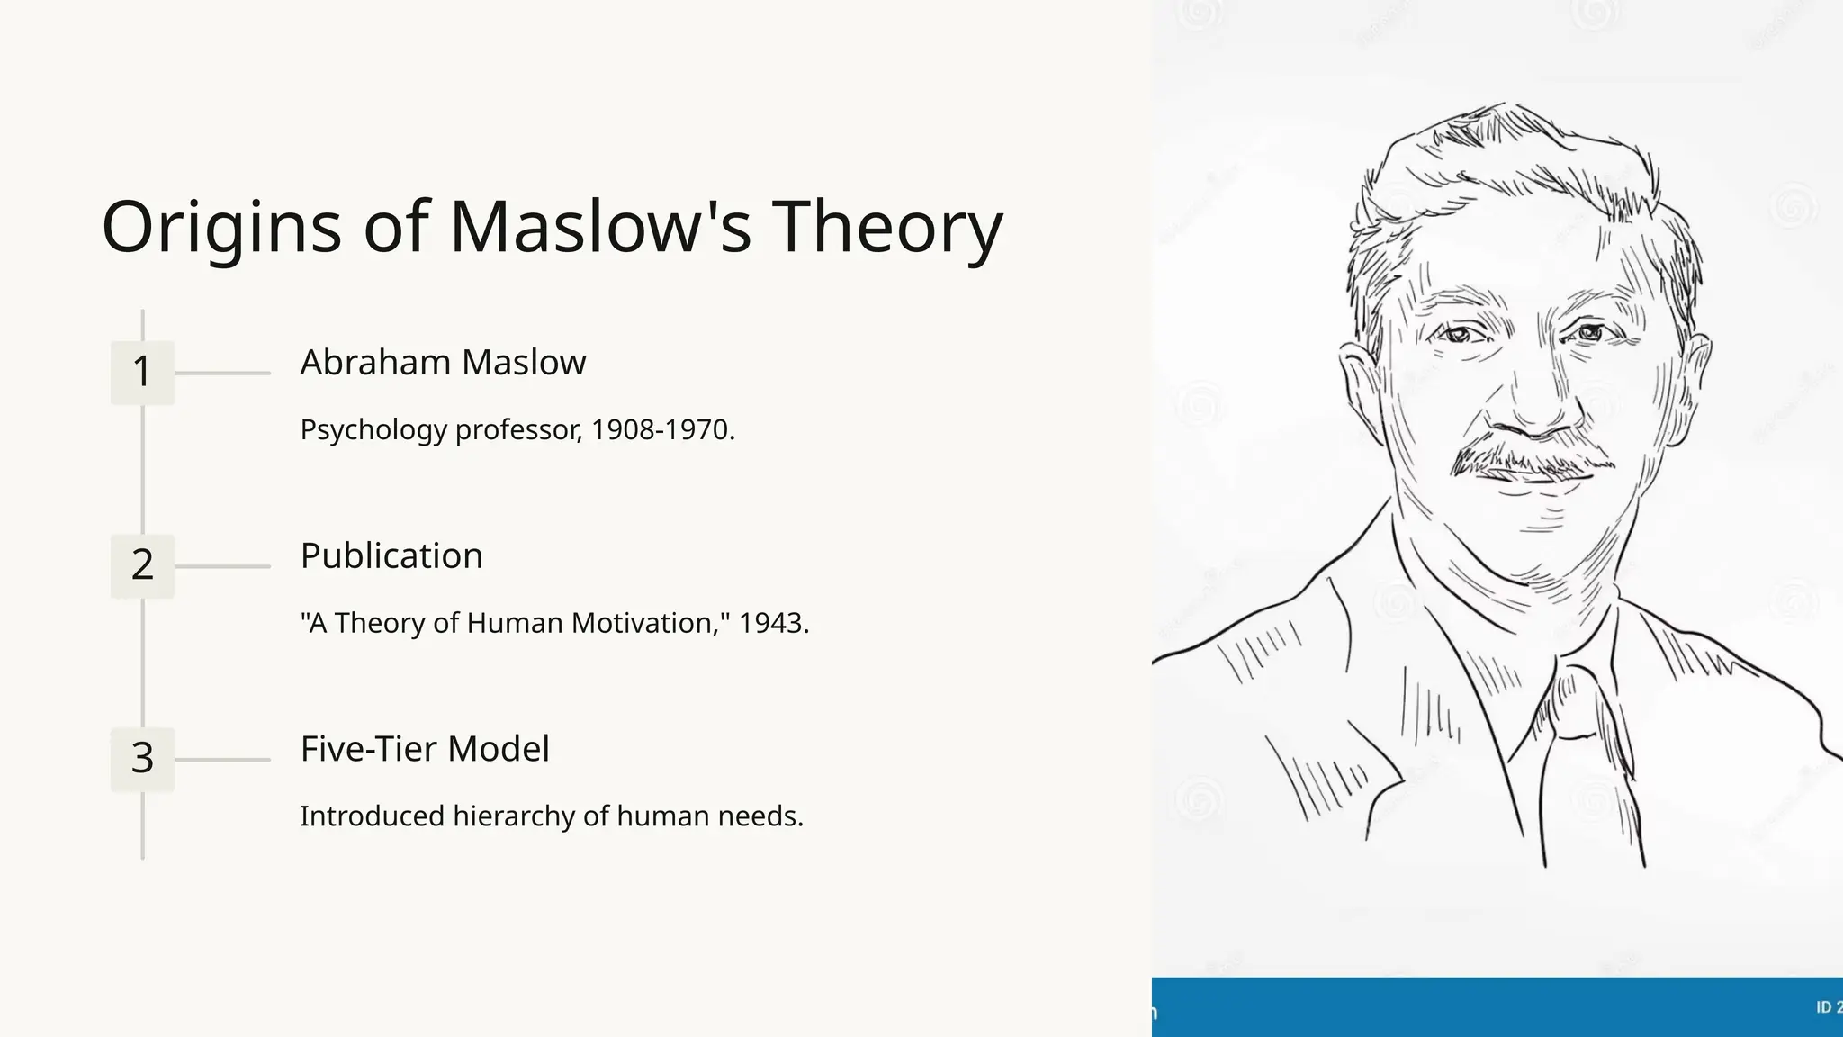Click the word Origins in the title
point(221,227)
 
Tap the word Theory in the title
point(886,227)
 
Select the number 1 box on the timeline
point(142,372)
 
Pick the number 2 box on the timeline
point(142,565)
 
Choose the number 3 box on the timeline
point(142,759)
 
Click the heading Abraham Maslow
point(443,362)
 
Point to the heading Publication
point(391,555)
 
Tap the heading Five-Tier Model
point(425,749)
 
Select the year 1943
point(770,623)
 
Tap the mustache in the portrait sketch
point(1530,461)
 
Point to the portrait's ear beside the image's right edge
point(1695,369)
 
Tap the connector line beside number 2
point(222,566)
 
